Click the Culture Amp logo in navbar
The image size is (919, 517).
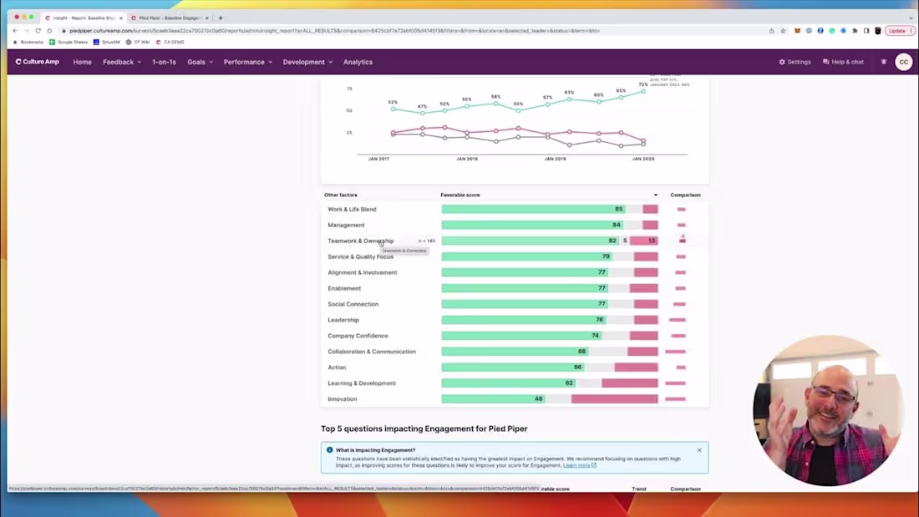click(38, 62)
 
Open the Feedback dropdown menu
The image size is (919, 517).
click(121, 62)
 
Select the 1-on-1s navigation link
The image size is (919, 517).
click(164, 62)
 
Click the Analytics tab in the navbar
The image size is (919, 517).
click(358, 62)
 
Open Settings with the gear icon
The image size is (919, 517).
click(795, 62)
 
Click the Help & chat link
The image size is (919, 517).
click(843, 62)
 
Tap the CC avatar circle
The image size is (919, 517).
click(903, 62)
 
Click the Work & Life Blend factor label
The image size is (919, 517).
click(352, 210)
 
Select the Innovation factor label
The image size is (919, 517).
click(342, 399)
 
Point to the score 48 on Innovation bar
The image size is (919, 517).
click(538, 399)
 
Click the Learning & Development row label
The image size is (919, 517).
click(362, 383)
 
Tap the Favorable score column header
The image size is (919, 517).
click(460, 195)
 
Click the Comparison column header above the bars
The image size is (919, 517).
click(685, 195)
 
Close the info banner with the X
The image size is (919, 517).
click(699, 450)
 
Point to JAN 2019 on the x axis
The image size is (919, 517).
click(555, 159)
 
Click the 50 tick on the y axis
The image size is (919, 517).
click(349, 110)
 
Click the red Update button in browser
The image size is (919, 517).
click(897, 30)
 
